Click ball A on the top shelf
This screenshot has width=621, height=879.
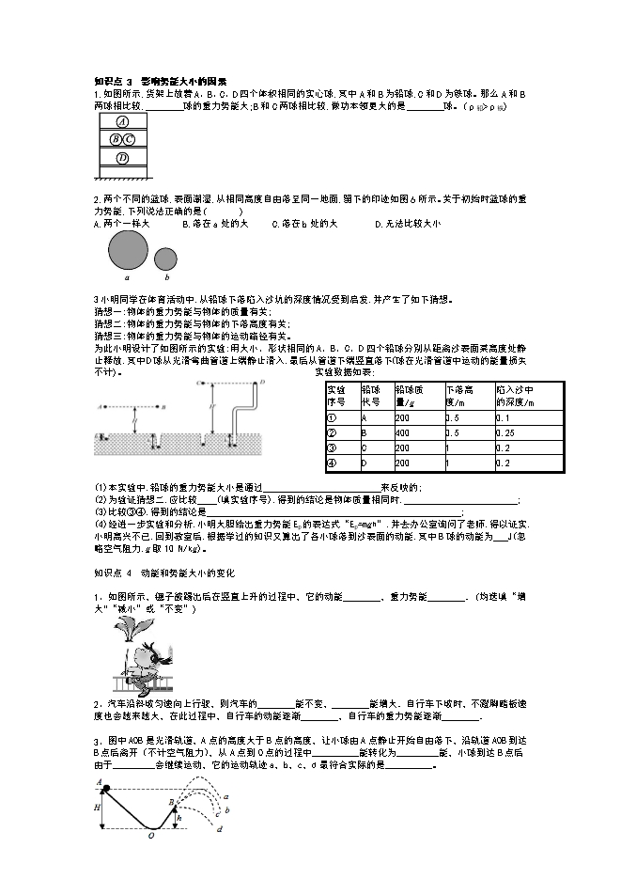pyautogui.click(x=122, y=122)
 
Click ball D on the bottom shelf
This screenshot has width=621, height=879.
pyautogui.click(x=122, y=159)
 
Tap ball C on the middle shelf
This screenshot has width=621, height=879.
pyautogui.click(x=130, y=139)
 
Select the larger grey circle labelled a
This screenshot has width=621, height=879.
pyautogui.click(x=128, y=250)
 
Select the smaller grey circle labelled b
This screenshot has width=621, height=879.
pyautogui.click(x=165, y=259)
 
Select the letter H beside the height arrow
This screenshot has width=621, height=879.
pyautogui.click(x=96, y=808)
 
